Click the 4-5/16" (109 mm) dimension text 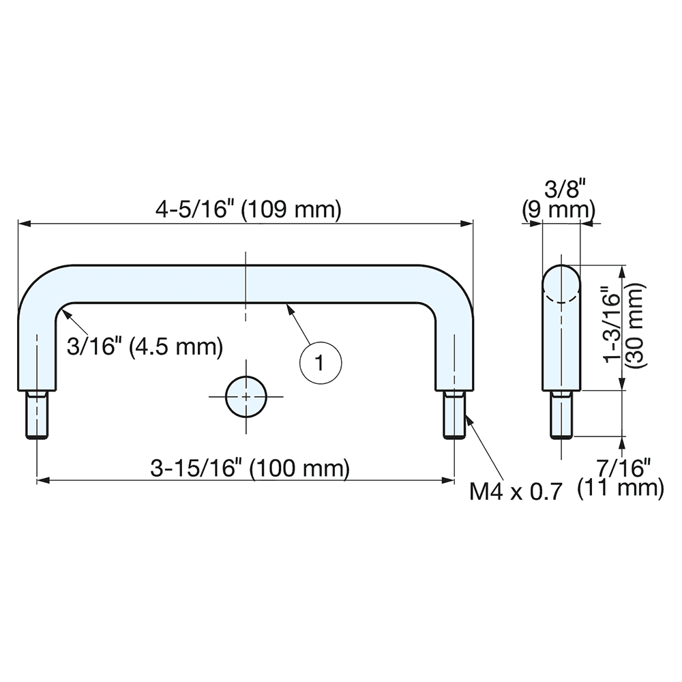[x=247, y=210]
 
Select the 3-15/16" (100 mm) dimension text [x=250, y=469]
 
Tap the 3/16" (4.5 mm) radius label [x=145, y=346]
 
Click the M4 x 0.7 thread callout [x=516, y=490]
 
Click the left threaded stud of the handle [x=37, y=414]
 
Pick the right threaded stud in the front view [x=454, y=414]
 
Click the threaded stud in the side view [x=562, y=414]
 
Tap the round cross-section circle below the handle [x=246, y=396]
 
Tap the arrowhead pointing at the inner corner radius [x=63, y=313]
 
